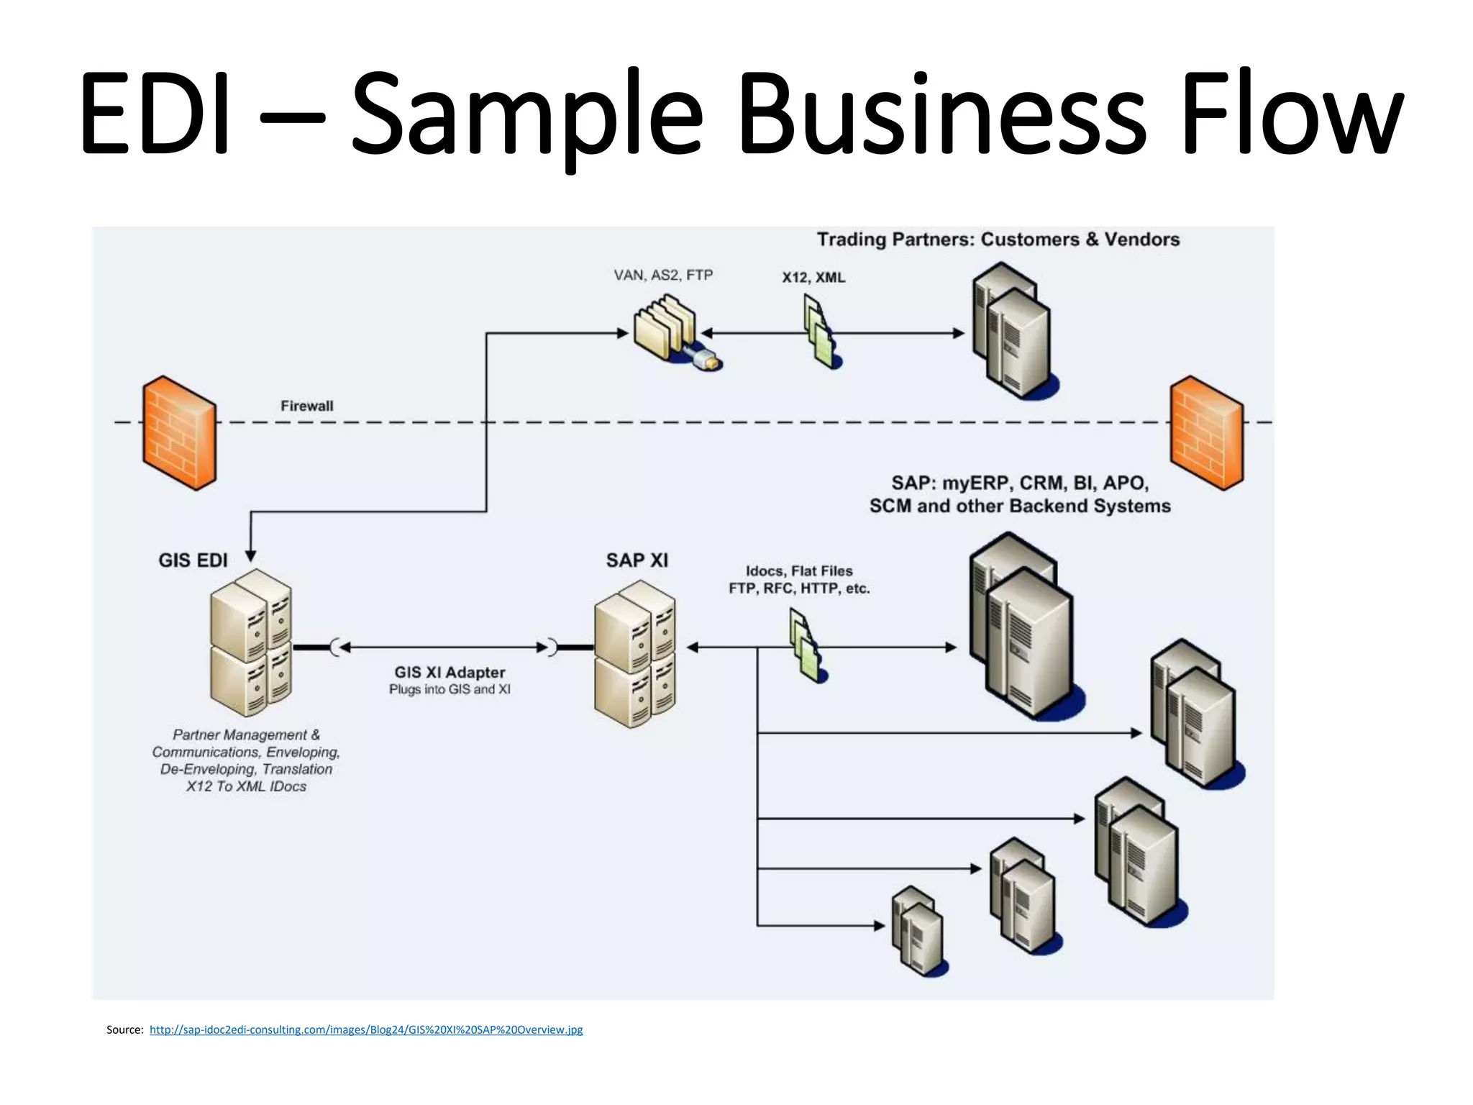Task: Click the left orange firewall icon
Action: (x=179, y=433)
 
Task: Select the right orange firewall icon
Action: (x=1206, y=433)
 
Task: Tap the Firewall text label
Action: (x=306, y=406)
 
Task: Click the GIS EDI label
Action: (x=193, y=560)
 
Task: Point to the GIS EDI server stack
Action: (x=251, y=642)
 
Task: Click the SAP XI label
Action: (x=637, y=560)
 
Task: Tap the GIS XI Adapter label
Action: (x=450, y=672)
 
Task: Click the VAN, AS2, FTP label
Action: (x=663, y=275)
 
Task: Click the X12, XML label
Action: (x=813, y=277)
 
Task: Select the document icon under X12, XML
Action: (x=821, y=333)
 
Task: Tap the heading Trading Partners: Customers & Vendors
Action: (x=998, y=240)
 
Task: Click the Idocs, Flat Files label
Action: (x=799, y=571)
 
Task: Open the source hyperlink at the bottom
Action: (x=366, y=1029)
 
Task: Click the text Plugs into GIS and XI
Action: (x=450, y=689)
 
